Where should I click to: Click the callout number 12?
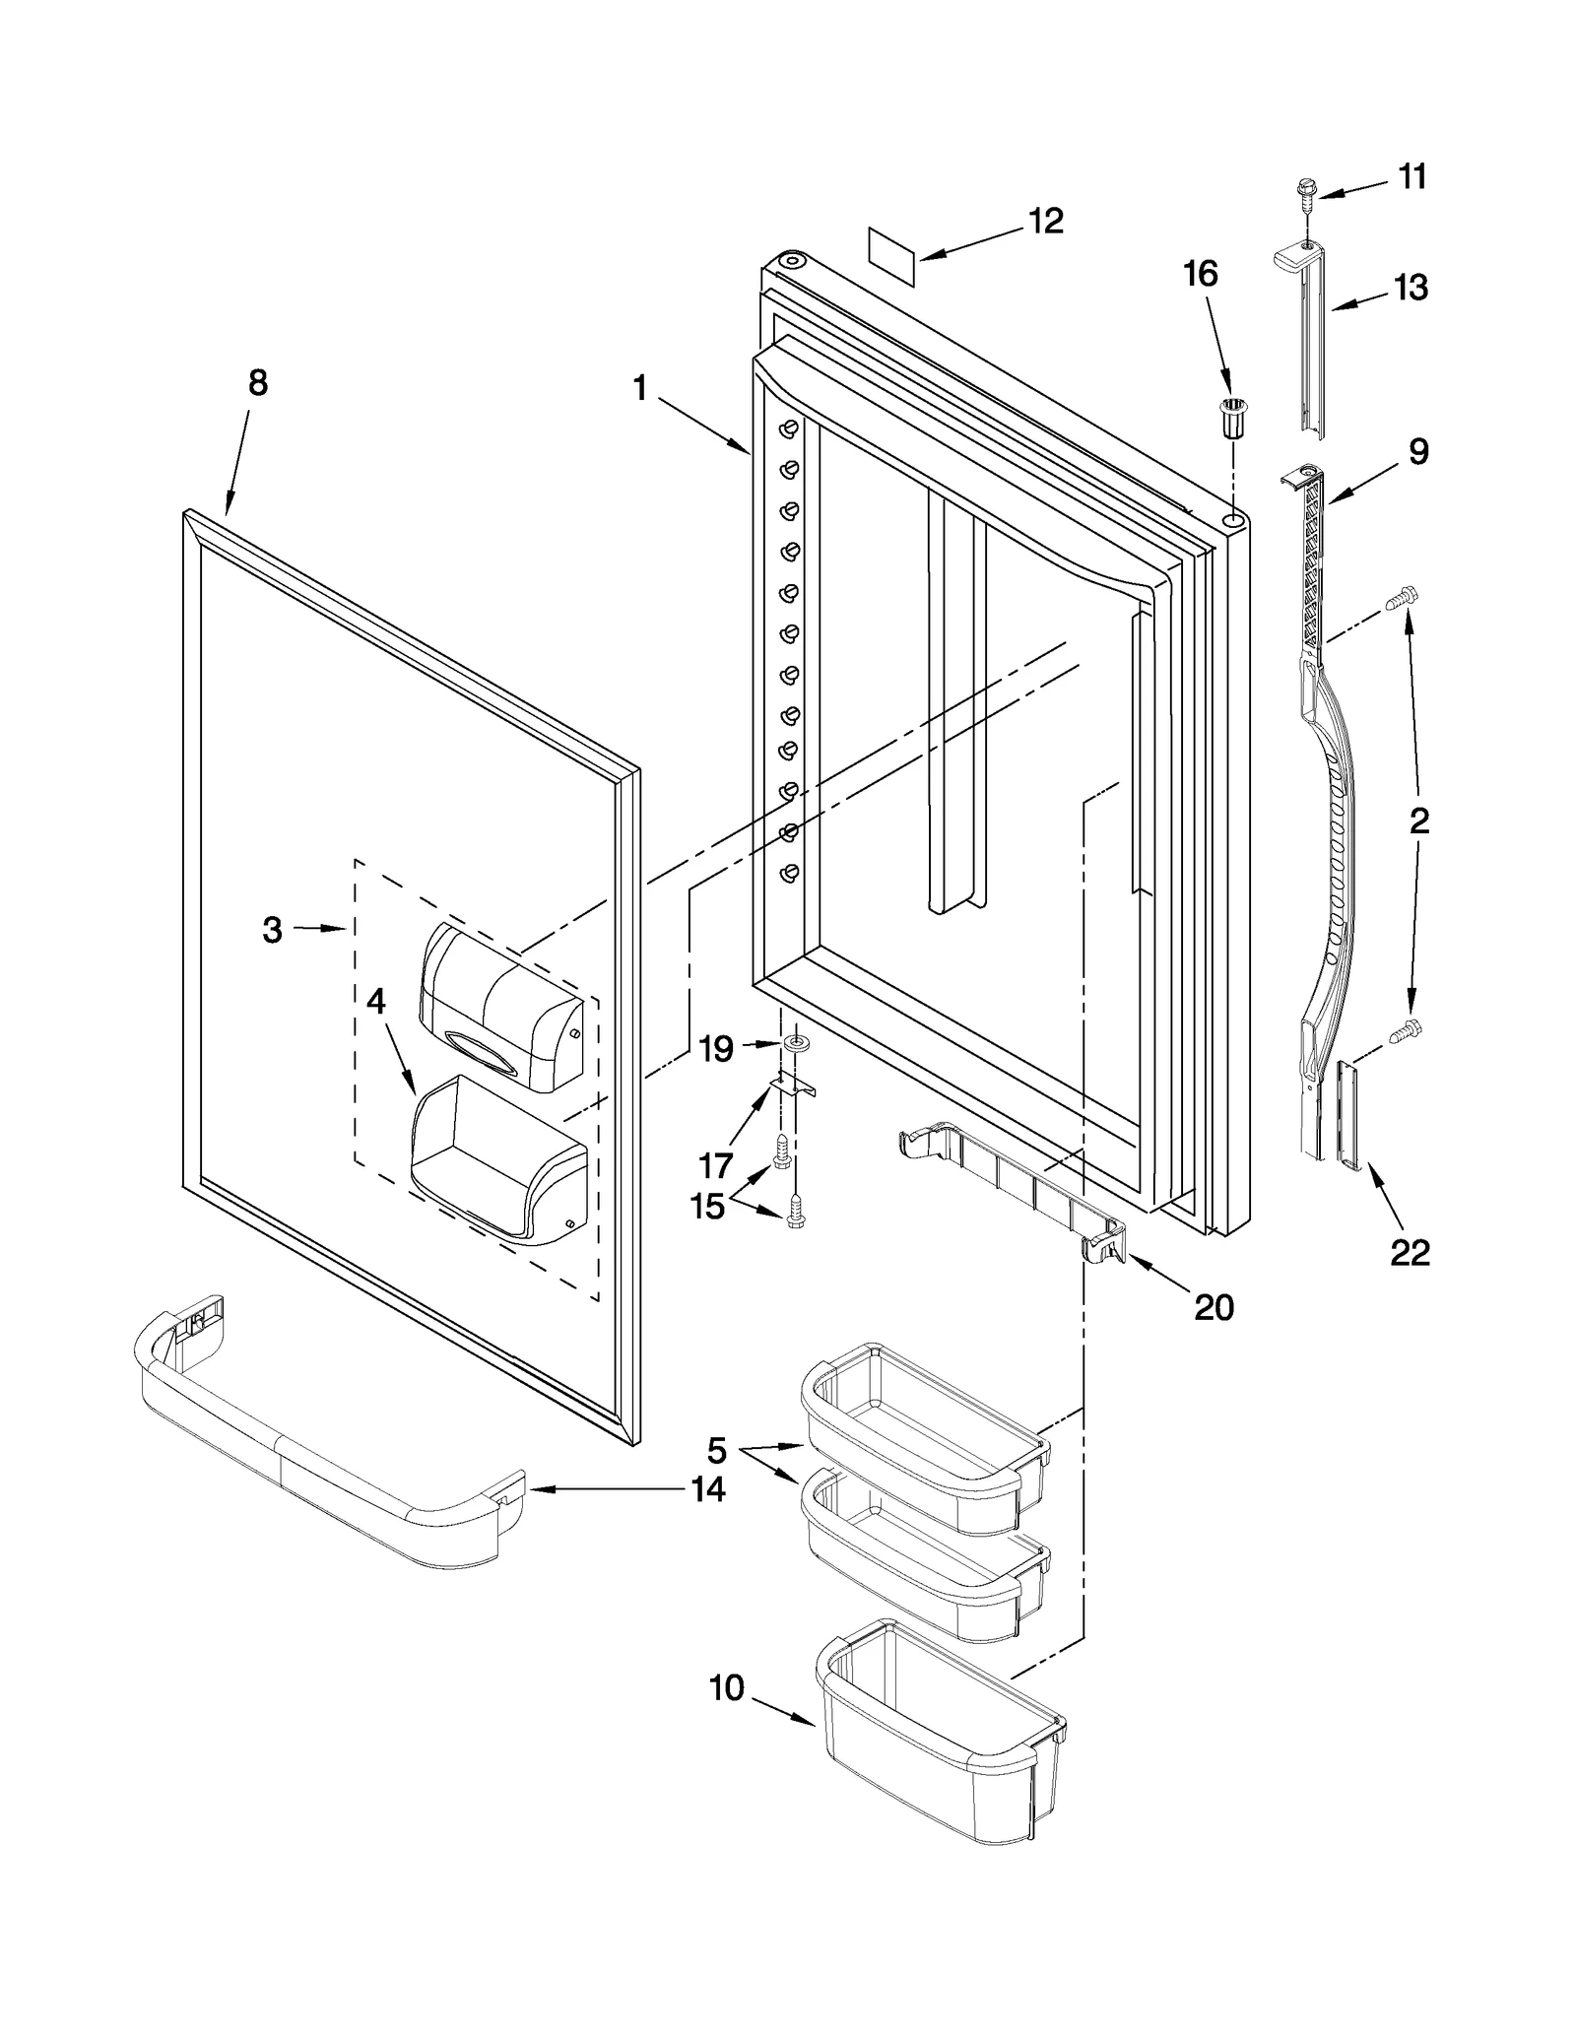(1045, 222)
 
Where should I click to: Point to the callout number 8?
(257, 382)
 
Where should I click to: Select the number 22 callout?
(1410, 1252)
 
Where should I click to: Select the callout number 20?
(1214, 1307)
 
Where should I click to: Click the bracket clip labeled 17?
(794, 1085)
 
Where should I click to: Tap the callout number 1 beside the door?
(640, 389)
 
